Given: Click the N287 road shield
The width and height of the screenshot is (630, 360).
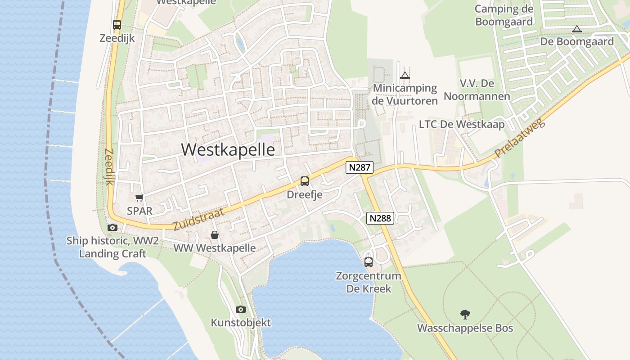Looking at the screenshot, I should (x=360, y=168).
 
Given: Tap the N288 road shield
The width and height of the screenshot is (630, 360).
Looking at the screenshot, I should (x=380, y=219).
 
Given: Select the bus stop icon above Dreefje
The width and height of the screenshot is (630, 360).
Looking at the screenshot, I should (x=305, y=181).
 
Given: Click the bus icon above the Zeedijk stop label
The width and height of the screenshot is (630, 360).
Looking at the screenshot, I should (x=117, y=25).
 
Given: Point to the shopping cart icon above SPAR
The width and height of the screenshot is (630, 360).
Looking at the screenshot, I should (x=139, y=198).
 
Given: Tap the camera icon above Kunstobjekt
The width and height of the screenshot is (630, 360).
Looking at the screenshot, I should (x=241, y=309).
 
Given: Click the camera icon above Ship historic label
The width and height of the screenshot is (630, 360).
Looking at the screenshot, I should (x=112, y=228).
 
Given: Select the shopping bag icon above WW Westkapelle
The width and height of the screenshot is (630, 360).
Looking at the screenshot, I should (x=215, y=235).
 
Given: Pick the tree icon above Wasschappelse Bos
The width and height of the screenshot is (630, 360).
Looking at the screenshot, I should (x=465, y=314).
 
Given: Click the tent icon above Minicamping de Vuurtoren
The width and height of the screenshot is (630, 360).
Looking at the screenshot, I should (x=405, y=75).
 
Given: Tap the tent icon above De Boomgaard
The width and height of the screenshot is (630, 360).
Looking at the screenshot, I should (x=576, y=29).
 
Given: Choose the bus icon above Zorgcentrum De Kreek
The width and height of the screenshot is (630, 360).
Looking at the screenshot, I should (x=369, y=262).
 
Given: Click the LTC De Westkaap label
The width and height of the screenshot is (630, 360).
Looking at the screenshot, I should (x=462, y=124).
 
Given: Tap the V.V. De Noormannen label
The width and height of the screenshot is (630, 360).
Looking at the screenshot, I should (x=477, y=90).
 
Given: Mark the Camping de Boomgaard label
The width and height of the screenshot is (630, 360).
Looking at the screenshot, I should (x=504, y=15).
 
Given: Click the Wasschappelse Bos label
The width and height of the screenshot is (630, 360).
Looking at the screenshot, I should (x=465, y=328).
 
